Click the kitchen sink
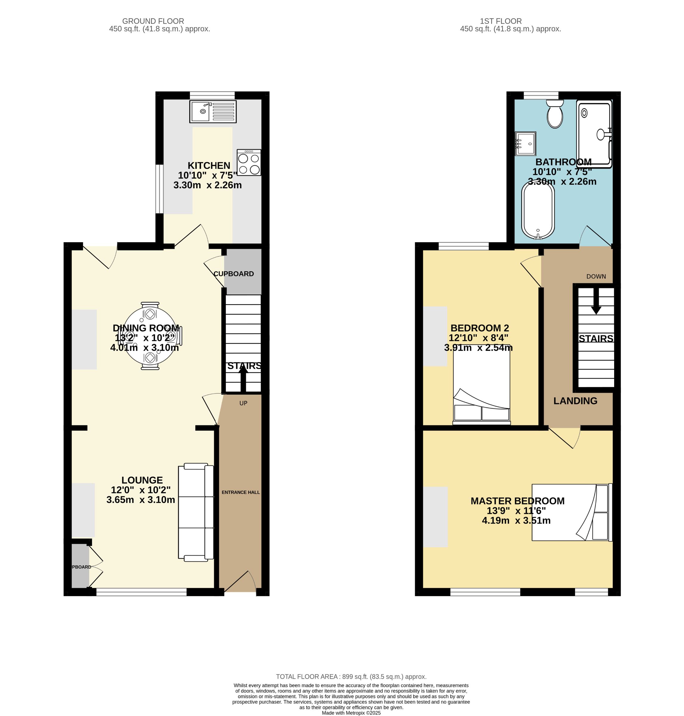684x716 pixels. pyautogui.click(x=213, y=111)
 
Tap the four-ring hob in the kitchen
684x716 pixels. pyautogui.click(x=249, y=163)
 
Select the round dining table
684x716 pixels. pyautogui.click(x=150, y=335)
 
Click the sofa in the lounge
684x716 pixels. pyautogui.click(x=196, y=512)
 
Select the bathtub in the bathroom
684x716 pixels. pyautogui.click(x=538, y=211)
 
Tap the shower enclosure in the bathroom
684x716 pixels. pyautogui.click(x=594, y=133)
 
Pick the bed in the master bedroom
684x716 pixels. pyautogui.click(x=571, y=512)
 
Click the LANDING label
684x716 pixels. pyautogui.click(x=575, y=401)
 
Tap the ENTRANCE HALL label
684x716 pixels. pyautogui.click(x=241, y=492)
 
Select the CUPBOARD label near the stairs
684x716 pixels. pyautogui.click(x=233, y=274)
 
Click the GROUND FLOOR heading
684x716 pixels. pyautogui.click(x=153, y=21)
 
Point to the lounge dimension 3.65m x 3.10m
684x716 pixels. pyautogui.click(x=141, y=500)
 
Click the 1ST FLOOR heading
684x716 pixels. pyautogui.click(x=501, y=21)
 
